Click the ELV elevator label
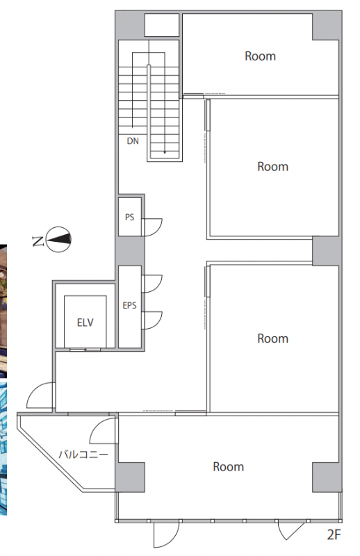pyautogui.click(x=85, y=322)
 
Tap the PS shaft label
pyautogui.click(x=129, y=217)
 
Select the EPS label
pyautogui.click(x=129, y=305)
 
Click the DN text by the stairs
pyautogui.click(x=133, y=141)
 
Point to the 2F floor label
pyautogui.click(x=334, y=534)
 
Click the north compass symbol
pyautogui.click(x=58, y=239)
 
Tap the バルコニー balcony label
pyautogui.click(x=83, y=455)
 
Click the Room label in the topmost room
pyautogui.click(x=261, y=56)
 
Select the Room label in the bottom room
pyautogui.click(x=229, y=466)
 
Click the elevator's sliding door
pyautogui.click(x=85, y=350)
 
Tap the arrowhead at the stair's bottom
pyautogui.click(x=165, y=152)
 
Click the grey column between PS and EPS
pyautogui.click(x=130, y=251)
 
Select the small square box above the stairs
pyautogui.click(x=162, y=25)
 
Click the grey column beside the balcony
pyautogui.click(x=130, y=477)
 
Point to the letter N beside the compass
pyautogui.click(x=38, y=241)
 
